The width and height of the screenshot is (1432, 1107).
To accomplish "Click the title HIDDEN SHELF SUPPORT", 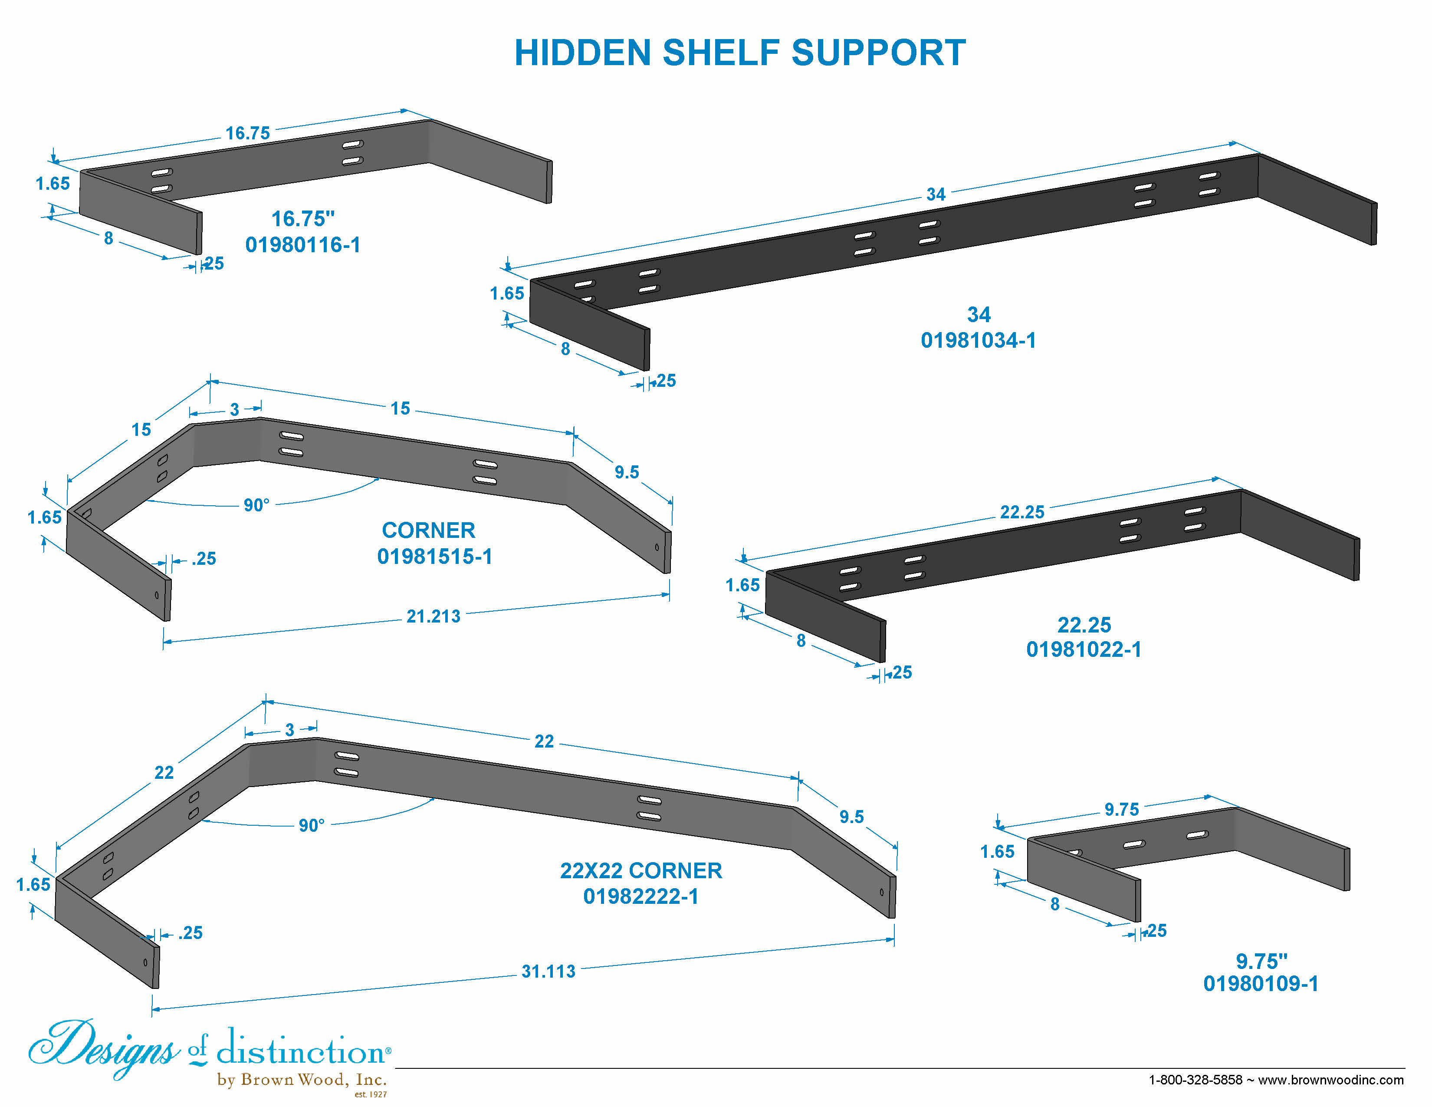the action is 739,53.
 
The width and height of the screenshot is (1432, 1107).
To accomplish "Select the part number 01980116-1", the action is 303,244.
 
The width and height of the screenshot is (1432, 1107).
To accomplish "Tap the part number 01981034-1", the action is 978,340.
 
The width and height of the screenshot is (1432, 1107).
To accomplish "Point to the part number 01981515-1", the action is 434,556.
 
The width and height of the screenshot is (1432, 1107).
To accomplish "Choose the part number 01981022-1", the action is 1084,649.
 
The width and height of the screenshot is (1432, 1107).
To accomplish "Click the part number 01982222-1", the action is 640,896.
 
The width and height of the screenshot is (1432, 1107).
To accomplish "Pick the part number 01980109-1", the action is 1260,983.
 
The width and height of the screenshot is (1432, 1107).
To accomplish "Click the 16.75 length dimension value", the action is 248,133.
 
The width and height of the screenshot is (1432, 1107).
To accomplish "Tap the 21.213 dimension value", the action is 434,616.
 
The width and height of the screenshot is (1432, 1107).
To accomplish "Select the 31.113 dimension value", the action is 548,971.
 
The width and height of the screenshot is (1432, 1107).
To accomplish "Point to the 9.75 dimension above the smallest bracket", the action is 1121,809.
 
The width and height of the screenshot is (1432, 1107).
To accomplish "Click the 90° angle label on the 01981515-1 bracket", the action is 256,505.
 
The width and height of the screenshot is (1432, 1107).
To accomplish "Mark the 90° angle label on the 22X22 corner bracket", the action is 312,825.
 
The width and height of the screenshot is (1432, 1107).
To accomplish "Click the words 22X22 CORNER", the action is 640,870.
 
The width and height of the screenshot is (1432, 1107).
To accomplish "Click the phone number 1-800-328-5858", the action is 1196,1080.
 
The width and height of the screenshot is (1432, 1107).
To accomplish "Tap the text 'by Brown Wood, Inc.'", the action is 302,1080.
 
